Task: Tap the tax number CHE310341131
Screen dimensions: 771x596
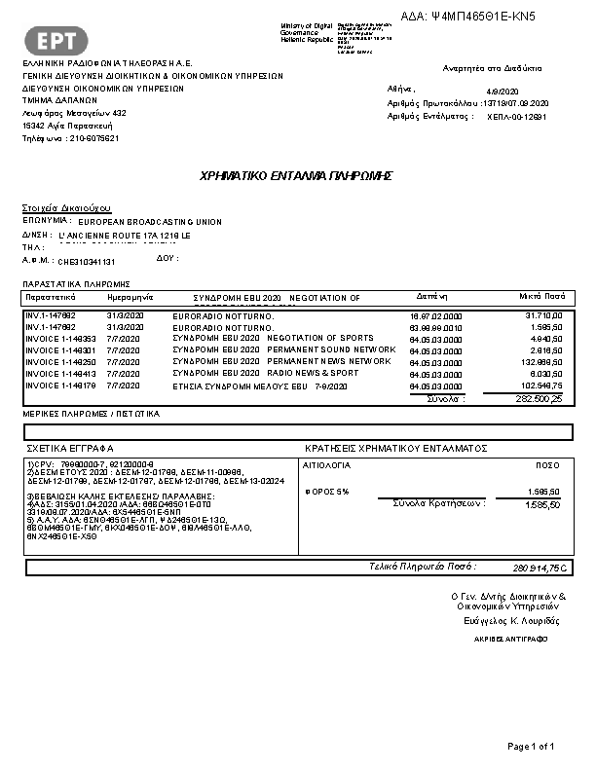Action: click(x=87, y=262)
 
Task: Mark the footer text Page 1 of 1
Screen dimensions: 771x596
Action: click(x=531, y=746)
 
